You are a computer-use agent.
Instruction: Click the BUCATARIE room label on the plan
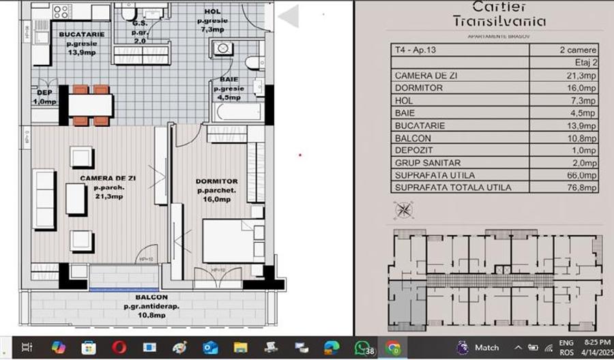(x=81, y=33)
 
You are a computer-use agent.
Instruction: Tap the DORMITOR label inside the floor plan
(x=216, y=181)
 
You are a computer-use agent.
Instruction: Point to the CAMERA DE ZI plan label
(x=108, y=178)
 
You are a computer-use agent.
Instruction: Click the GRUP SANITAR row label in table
(x=424, y=163)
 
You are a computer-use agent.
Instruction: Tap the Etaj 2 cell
(x=583, y=62)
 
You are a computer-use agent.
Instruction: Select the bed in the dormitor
(x=233, y=240)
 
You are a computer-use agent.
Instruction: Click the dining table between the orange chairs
(x=90, y=106)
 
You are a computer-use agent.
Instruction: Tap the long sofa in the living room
(x=44, y=199)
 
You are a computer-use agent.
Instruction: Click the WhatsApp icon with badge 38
(x=362, y=348)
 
